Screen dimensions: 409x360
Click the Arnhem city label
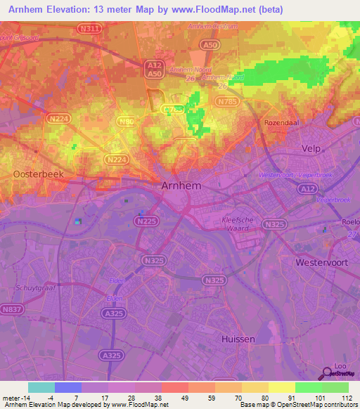pos(181,186)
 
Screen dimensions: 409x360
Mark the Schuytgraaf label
pos(32,288)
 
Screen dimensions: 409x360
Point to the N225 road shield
pos(146,221)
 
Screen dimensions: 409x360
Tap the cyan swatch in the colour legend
pos(41,387)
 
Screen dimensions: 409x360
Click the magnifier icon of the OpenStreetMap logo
pos(326,375)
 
